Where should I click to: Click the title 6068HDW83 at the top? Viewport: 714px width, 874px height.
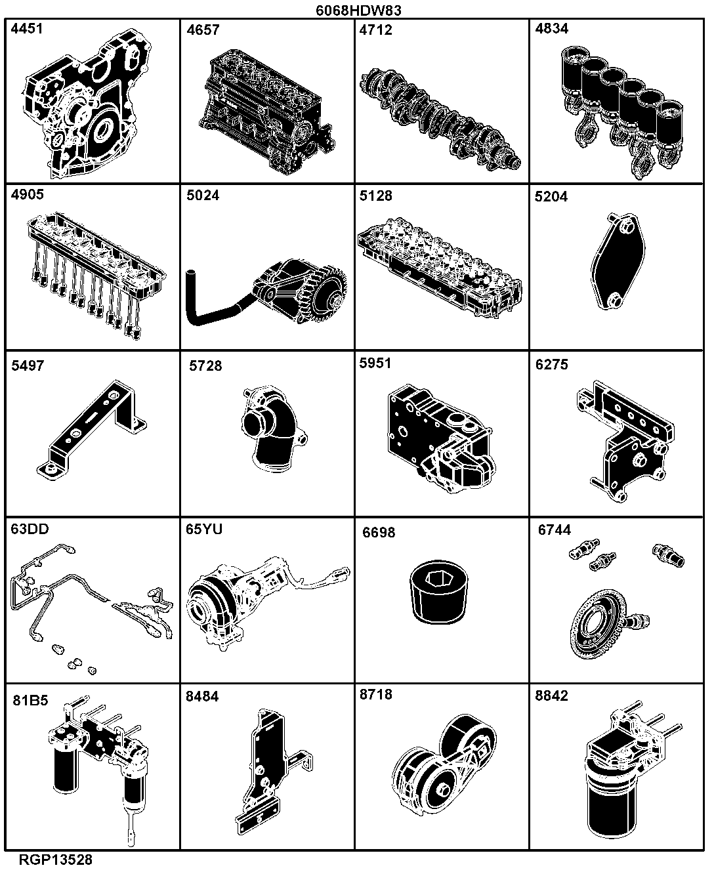(358, 10)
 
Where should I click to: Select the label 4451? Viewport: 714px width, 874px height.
(27, 29)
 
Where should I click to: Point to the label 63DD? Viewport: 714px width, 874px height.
(30, 530)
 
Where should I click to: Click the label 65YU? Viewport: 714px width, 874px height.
(204, 530)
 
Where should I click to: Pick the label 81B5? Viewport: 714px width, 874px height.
(31, 700)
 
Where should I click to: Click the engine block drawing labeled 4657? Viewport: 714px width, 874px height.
(267, 112)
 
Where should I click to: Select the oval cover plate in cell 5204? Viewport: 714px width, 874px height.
(618, 262)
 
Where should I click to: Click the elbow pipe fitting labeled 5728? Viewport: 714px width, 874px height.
(274, 429)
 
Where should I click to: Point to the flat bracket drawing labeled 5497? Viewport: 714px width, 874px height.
(92, 430)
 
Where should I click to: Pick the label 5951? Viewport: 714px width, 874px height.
(375, 363)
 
